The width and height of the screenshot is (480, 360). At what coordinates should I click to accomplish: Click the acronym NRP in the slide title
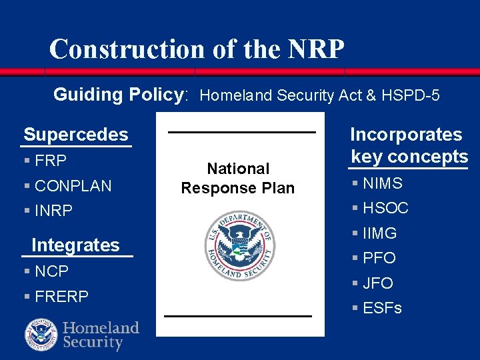point(317,49)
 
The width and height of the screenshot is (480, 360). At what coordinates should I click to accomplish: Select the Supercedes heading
point(76,135)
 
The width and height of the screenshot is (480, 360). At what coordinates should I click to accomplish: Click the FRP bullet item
point(51,161)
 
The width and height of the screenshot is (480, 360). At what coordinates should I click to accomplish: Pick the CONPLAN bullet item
point(73,186)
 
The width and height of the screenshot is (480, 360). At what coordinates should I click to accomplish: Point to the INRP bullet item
point(53,211)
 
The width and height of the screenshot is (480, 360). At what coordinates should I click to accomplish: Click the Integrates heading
point(75,245)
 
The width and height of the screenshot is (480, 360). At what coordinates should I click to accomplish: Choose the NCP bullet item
point(51,271)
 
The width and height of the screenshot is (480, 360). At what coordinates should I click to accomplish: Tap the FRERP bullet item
point(61,297)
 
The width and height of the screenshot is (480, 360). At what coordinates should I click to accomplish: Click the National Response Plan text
point(238,179)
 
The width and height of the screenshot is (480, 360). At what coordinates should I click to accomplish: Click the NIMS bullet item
point(383,183)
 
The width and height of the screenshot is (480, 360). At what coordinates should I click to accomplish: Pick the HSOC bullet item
point(385,208)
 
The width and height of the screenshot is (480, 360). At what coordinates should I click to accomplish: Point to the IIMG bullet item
point(379,233)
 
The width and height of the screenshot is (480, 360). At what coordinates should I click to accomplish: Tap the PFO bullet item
point(379,258)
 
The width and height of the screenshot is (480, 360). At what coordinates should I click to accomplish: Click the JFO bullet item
point(378,283)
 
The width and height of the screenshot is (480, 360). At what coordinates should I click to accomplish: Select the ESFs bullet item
point(382,308)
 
